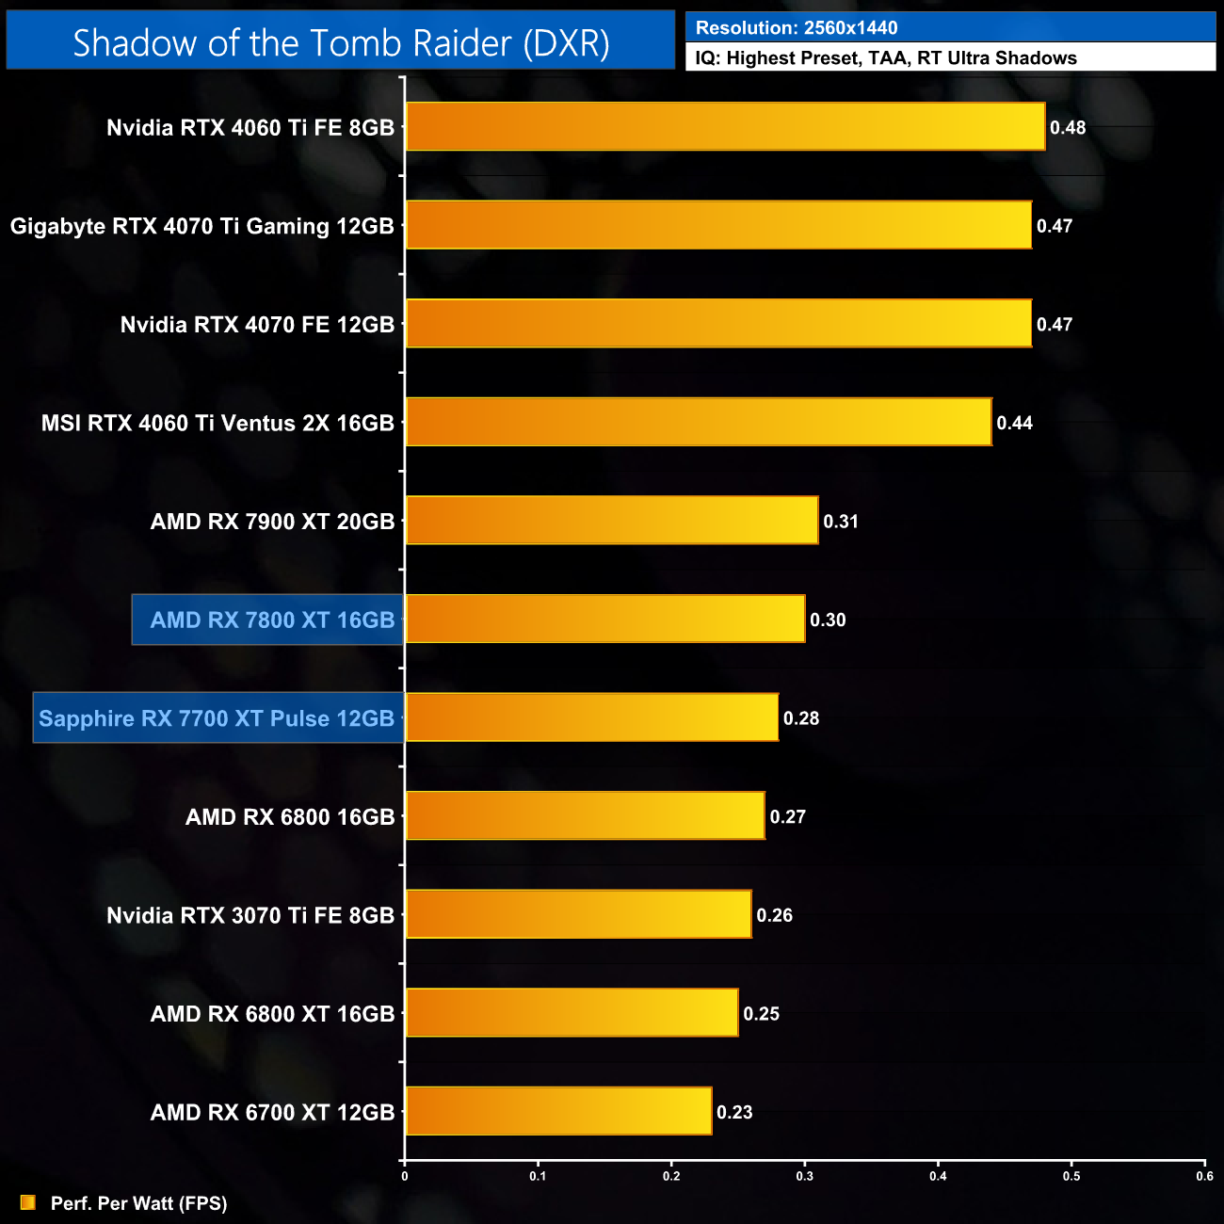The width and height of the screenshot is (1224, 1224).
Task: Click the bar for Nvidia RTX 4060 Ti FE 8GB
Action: pos(725,126)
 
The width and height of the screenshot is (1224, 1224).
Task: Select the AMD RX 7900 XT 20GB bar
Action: pos(612,520)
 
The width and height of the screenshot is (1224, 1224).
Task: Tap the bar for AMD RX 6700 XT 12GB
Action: pos(558,1111)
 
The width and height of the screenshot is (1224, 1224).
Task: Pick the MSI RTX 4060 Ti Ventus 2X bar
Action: pos(699,422)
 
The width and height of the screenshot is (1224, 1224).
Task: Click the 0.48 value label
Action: pos(1068,127)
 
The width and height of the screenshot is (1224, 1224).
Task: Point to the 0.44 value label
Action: pos(1014,423)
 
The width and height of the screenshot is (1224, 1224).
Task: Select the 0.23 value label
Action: pos(734,1112)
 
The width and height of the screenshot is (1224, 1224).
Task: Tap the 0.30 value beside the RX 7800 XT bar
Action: pos(828,620)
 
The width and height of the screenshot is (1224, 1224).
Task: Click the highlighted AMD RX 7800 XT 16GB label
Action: pos(272,620)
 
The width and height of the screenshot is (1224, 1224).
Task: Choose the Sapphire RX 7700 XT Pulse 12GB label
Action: pos(217,718)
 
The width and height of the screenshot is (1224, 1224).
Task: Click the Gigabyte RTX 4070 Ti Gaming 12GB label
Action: pos(201,226)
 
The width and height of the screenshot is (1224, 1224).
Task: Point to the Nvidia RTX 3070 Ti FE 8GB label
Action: pos(250,915)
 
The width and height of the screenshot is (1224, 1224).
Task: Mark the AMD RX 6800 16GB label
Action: pos(290,816)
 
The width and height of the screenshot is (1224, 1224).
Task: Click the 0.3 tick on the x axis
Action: pos(805,1176)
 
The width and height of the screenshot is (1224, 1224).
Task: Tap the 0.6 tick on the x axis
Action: pos(1204,1176)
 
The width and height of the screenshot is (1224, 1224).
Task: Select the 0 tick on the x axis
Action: pos(405,1176)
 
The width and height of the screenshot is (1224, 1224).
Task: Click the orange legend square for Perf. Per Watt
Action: pos(28,1202)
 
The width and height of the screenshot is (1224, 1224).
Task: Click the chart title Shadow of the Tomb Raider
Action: pos(341,42)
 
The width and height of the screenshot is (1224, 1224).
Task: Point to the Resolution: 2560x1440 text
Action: pos(797,27)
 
